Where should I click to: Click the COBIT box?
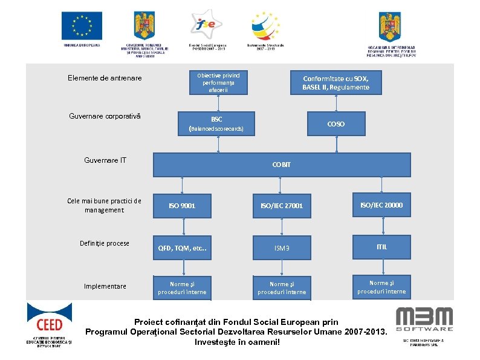click(281, 165)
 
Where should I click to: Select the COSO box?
click(336, 123)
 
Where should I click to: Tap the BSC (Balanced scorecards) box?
click(216, 123)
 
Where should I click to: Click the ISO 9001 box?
click(182, 206)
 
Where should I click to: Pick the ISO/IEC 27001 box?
click(282, 206)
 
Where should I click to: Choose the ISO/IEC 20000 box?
click(381, 205)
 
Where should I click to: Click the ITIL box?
click(381, 247)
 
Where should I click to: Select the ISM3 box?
click(282, 247)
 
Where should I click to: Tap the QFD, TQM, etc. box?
click(182, 247)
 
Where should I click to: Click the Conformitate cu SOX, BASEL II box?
click(336, 83)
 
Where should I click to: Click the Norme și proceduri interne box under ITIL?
click(381, 287)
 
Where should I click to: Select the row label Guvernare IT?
click(105, 160)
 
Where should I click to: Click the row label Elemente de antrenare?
click(105, 78)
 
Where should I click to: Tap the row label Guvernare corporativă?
click(105, 115)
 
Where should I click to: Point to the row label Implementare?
click(105, 286)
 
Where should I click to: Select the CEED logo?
click(49, 323)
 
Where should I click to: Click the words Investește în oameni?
click(238, 342)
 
